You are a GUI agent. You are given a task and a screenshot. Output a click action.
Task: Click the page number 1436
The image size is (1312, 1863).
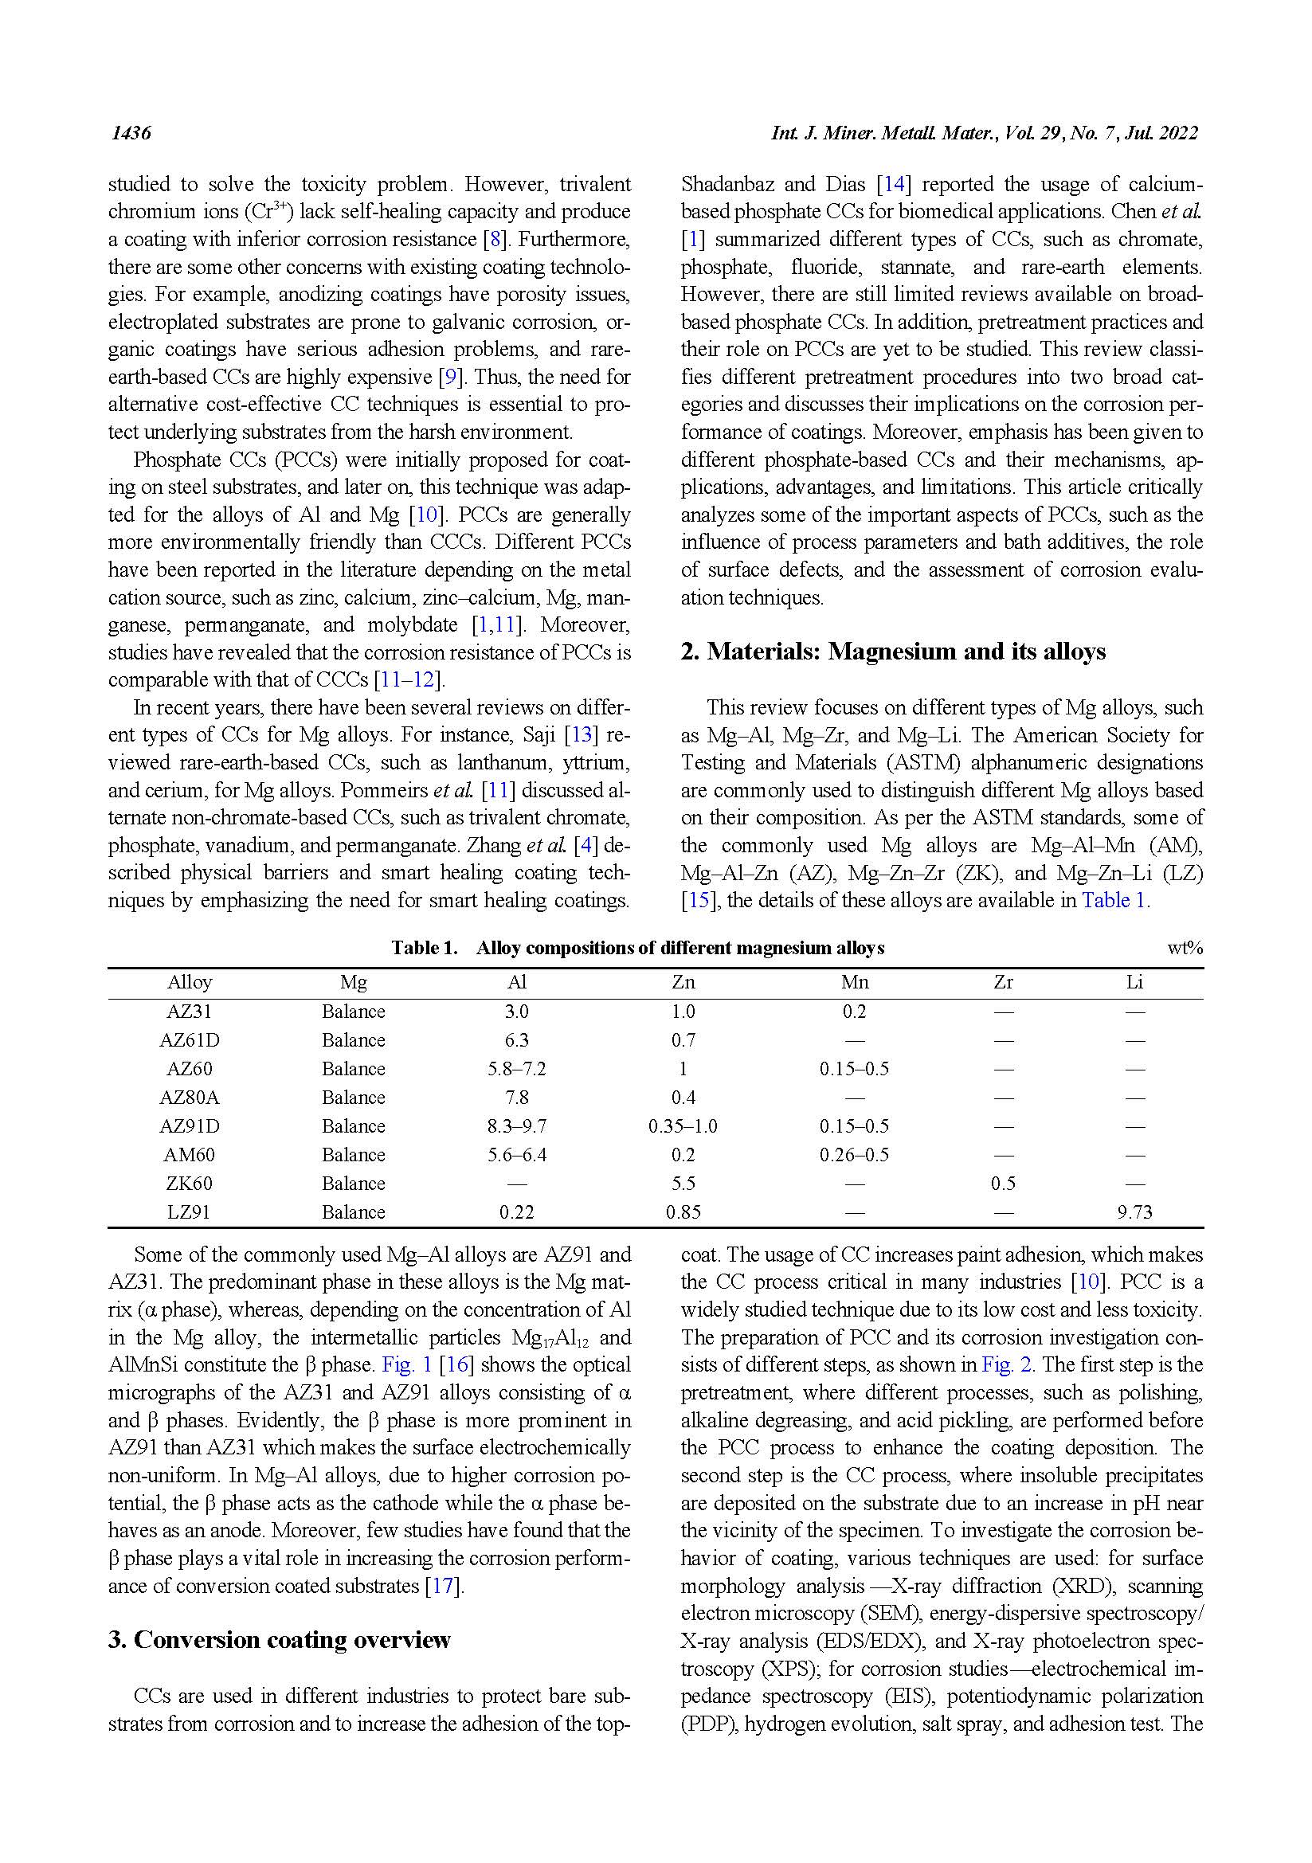pyautogui.click(x=131, y=133)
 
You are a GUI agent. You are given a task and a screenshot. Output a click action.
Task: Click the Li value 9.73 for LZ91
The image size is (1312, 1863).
pyautogui.click(x=1134, y=1212)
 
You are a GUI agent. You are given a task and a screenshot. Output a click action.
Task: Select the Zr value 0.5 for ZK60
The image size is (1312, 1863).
pyautogui.click(x=1003, y=1184)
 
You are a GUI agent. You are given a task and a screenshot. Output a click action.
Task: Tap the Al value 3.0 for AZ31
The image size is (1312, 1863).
pyautogui.click(x=517, y=1012)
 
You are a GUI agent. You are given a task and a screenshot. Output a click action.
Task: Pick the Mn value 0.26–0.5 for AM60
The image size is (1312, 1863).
pyautogui.click(x=854, y=1155)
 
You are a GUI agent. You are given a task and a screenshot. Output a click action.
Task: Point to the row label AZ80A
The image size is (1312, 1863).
pyautogui.click(x=189, y=1098)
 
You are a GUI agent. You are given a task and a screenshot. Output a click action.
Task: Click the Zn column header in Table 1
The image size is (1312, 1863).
pyautogui.click(x=683, y=983)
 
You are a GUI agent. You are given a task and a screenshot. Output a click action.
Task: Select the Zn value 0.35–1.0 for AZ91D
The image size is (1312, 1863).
pyautogui.click(x=683, y=1126)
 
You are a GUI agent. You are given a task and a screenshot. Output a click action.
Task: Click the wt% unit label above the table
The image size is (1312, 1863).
pyautogui.click(x=1185, y=948)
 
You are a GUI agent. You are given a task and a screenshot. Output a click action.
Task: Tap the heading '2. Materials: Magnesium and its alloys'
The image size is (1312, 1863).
pyautogui.click(x=892, y=652)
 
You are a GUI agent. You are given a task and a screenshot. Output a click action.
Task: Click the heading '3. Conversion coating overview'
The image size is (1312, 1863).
pyautogui.click(x=279, y=1640)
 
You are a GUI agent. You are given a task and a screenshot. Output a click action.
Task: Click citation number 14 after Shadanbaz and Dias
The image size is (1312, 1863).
pyautogui.click(x=893, y=184)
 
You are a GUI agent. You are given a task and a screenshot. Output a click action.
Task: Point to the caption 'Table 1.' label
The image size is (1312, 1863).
pyautogui.click(x=425, y=948)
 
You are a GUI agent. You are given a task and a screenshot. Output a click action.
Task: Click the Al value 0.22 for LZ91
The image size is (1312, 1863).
pyautogui.click(x=517, y=1212)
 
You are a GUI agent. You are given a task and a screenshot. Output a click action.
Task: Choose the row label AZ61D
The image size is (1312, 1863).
pyautogui.click(x=189, y=1040)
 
